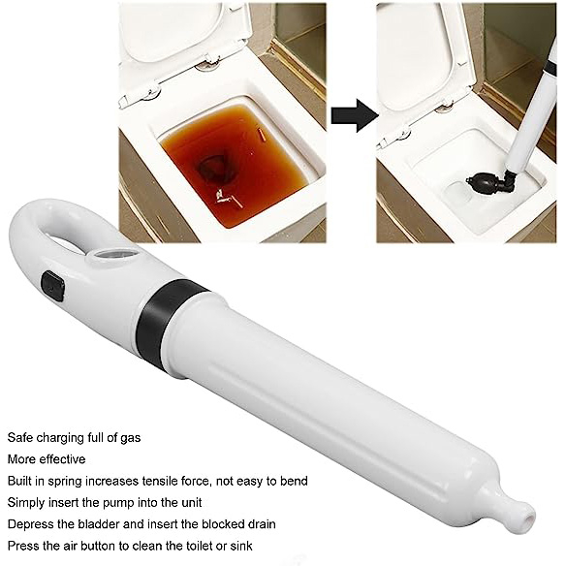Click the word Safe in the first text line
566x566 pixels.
point(22,437)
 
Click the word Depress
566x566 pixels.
point(30,524)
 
